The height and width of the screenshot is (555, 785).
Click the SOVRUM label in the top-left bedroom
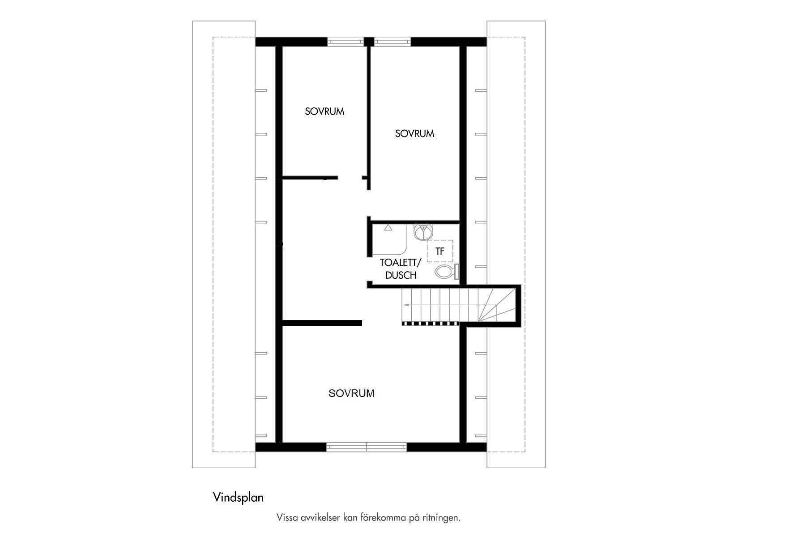(x=324, y=111)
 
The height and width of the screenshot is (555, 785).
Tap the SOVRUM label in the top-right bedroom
(x=414, y=133)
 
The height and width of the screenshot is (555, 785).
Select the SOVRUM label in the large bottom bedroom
(x=351, y=393)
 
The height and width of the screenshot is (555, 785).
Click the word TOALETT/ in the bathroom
(x=401, y=263)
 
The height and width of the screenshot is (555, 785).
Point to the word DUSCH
(x=401, y=275)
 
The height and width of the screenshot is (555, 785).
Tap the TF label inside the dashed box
(x=440, y=252)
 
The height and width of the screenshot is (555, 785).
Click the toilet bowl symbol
(x=444, y=271)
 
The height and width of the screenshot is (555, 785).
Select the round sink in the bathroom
(x=423, y=232)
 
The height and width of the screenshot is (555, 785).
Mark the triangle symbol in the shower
(x=388, y=228)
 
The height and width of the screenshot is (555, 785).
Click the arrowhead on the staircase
(x=405, y=304)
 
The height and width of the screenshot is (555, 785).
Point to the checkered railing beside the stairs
(x=430, y=323)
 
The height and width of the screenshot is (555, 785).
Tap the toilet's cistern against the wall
(x=456, y=271)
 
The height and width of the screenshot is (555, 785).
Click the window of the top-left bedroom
(x=346, y=42)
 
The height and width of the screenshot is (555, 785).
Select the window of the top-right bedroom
(x=392, y=42)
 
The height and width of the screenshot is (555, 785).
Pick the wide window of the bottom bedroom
(x=367, y=447)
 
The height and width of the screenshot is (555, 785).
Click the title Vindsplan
(x=239, y=498)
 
